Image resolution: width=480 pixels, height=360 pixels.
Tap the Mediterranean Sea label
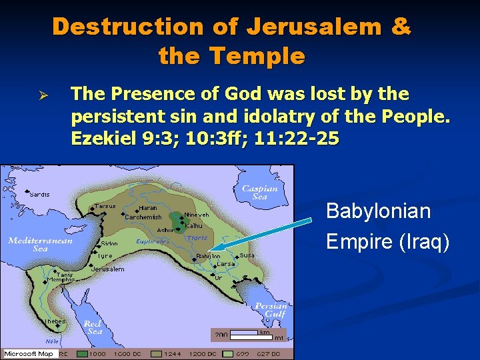tap(40, 244)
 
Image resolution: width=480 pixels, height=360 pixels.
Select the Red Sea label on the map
tap(92, 327)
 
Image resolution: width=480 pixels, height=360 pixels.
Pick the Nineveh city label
tap(197, 215)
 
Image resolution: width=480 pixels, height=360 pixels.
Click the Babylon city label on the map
tap(208, 256)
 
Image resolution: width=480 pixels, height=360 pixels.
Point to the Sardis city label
tap(40, 194)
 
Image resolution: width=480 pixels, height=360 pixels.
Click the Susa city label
tap(247, 255)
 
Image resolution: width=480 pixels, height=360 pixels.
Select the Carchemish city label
tap(143, 217)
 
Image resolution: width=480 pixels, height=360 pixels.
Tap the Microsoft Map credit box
tap(31, 353)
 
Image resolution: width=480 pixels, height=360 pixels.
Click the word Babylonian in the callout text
tap(378, 212)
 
